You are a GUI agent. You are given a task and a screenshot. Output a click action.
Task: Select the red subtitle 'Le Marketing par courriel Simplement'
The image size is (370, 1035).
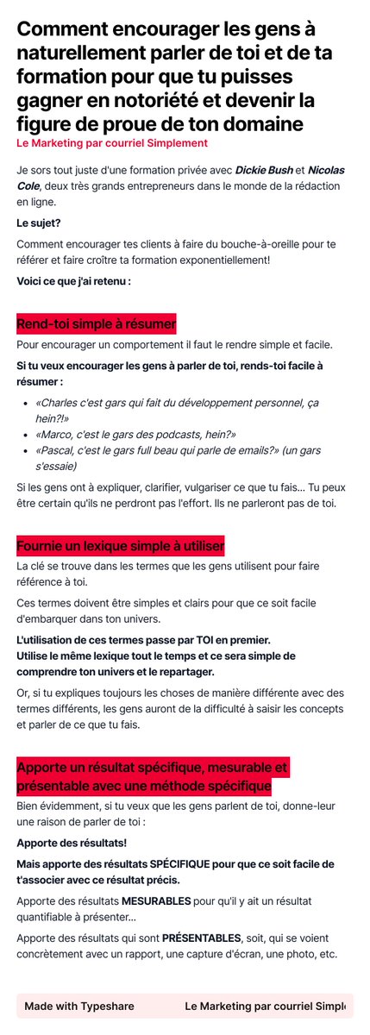click(x=112, y=142)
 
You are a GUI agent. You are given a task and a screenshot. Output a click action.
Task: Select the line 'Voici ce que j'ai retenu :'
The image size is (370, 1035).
click(x=73, y=281)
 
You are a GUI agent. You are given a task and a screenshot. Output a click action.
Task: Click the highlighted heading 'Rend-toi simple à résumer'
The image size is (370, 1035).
click(x=96, y=324)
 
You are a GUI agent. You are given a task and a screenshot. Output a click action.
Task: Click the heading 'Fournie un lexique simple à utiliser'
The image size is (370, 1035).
click(x=120, y=546)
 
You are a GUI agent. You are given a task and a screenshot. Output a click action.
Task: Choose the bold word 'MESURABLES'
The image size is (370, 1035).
click(x=155, y=901)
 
